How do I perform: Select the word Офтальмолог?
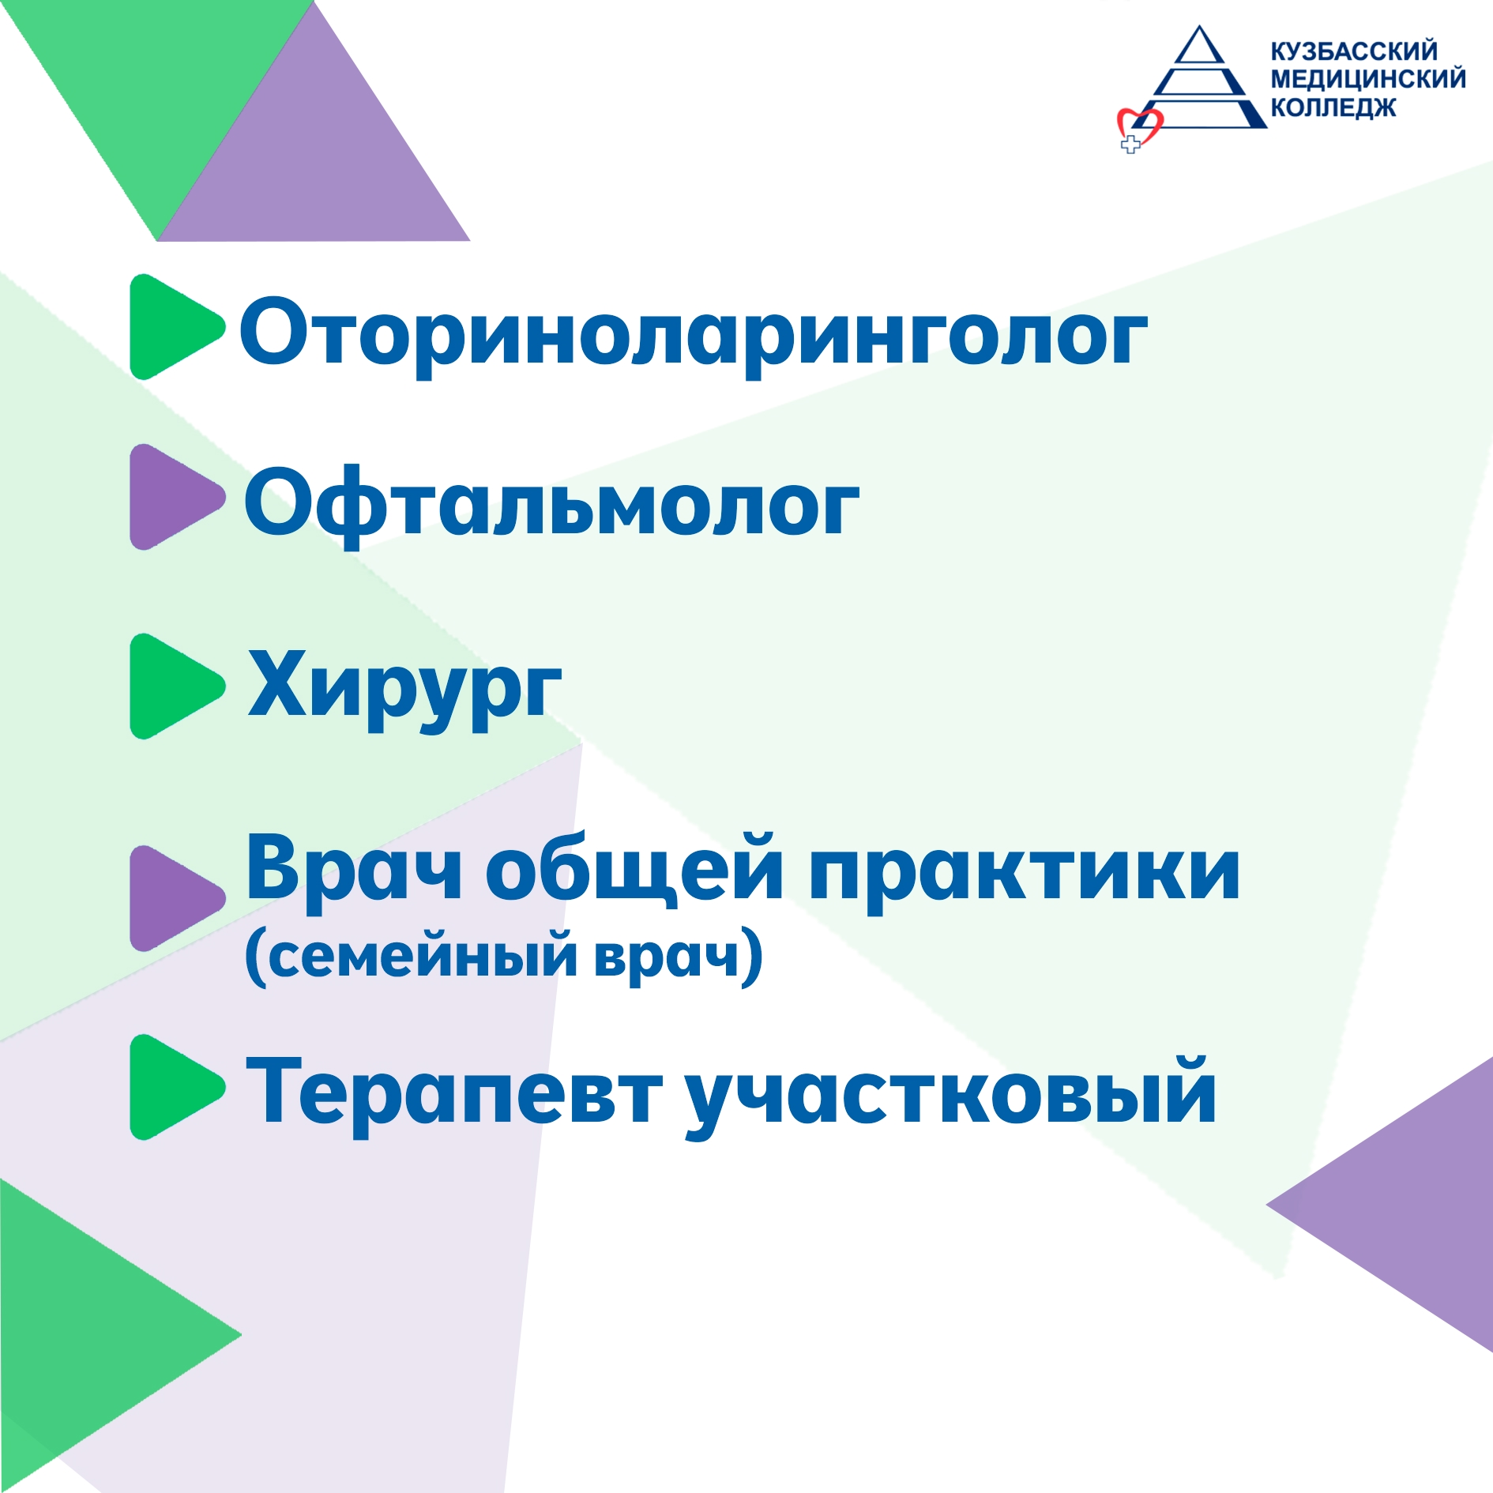pos(551,504)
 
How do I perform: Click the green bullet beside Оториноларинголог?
pos(174,327)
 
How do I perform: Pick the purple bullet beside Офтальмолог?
pos(174,497)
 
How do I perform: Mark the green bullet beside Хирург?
pos(174,686)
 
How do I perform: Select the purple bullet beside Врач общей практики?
pos(174,898)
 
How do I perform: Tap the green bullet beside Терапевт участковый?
pos(174,1087)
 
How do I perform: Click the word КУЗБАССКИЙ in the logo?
pos(1354,51)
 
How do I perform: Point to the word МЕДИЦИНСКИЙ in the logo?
pos(1368,79)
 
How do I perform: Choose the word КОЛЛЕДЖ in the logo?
pos(1333,107)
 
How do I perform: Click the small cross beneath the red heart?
pos(1131,145)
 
